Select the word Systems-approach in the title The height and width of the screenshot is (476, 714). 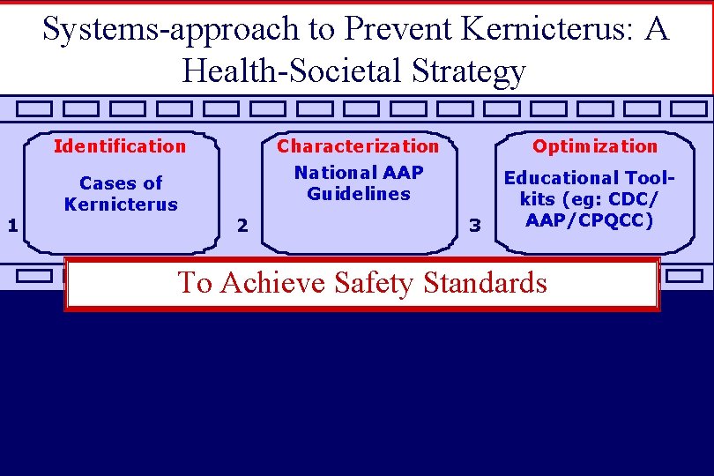coord(167,30)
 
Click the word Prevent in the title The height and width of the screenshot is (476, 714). coord(398,30)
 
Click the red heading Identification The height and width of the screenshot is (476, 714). coord(120,146)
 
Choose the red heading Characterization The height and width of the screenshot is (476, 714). coord(358,146)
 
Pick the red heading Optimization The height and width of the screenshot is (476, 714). coord(595,146)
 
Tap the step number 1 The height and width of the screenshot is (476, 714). coord(12,225)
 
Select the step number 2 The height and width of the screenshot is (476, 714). coord(243,227)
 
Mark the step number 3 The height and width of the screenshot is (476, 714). coord(475,227)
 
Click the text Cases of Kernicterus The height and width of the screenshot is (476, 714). coord(121,194)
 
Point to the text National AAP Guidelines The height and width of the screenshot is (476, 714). coord(359,183)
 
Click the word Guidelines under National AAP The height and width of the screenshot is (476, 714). coord(359,194)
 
